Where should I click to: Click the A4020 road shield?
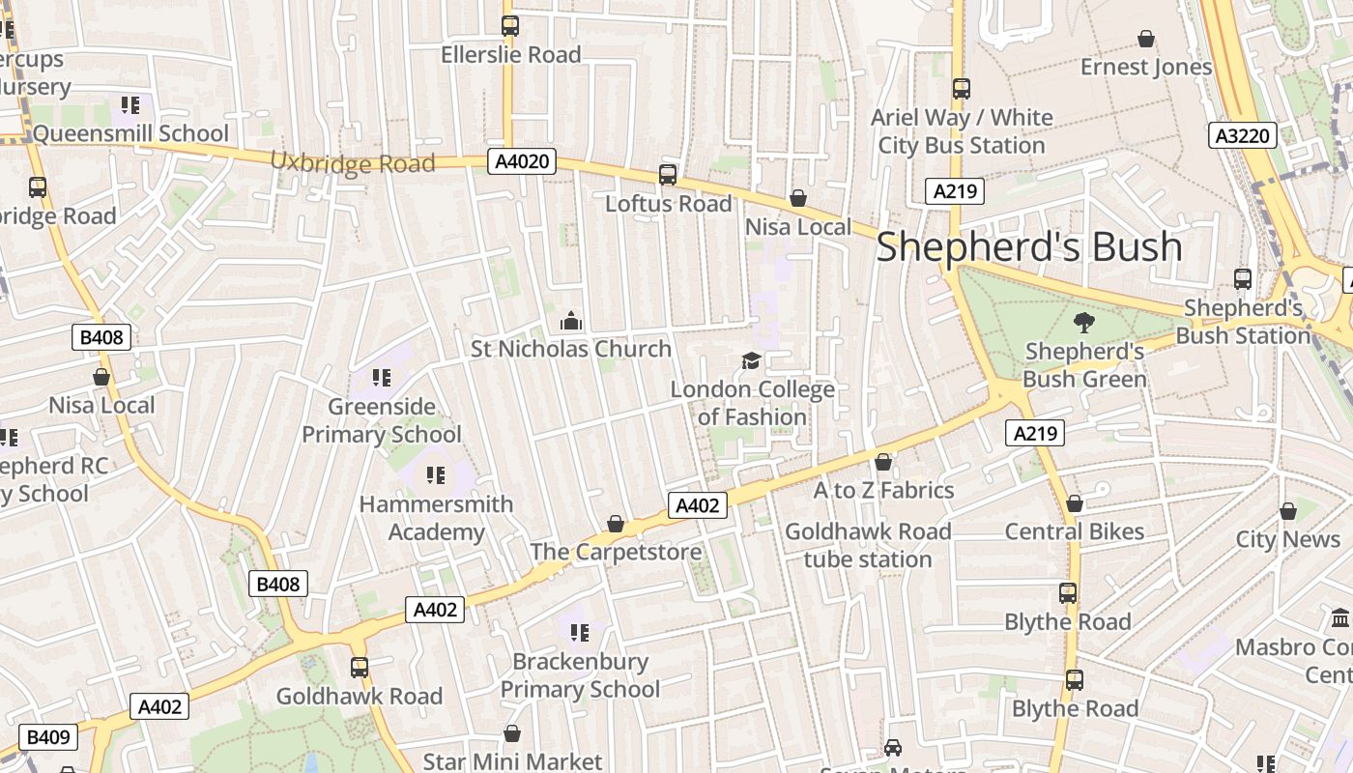[522, 161]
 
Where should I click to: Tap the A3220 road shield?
[1242, 135]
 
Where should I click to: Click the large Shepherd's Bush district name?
[1028, 247]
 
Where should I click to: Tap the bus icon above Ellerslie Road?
[510, 26]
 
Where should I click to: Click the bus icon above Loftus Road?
[668, 175]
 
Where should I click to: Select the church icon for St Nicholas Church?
[571, 320]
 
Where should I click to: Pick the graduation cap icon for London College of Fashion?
[751, 361]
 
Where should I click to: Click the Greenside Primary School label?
[382, 420]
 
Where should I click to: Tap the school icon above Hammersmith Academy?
[436, 475]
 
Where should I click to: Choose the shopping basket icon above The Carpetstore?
[616, 524]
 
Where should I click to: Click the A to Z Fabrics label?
[883, 491]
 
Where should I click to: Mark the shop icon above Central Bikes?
[1075, 503]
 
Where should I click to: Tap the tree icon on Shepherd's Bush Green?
[1084, 323]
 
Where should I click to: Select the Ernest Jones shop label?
[1145, 68]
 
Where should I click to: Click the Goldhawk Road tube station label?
[868, 545]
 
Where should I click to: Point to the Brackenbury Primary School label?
[580, 675]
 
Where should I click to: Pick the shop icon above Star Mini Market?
[512, 734]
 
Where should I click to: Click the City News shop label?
[1287, 539]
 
